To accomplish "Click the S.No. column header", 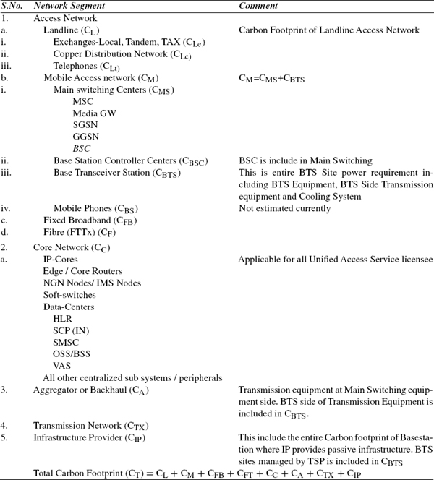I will click(x=14, y=6).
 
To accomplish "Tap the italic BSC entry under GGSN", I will click(x=82, y=148).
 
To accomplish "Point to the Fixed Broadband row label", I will click(x=90, y=220).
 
